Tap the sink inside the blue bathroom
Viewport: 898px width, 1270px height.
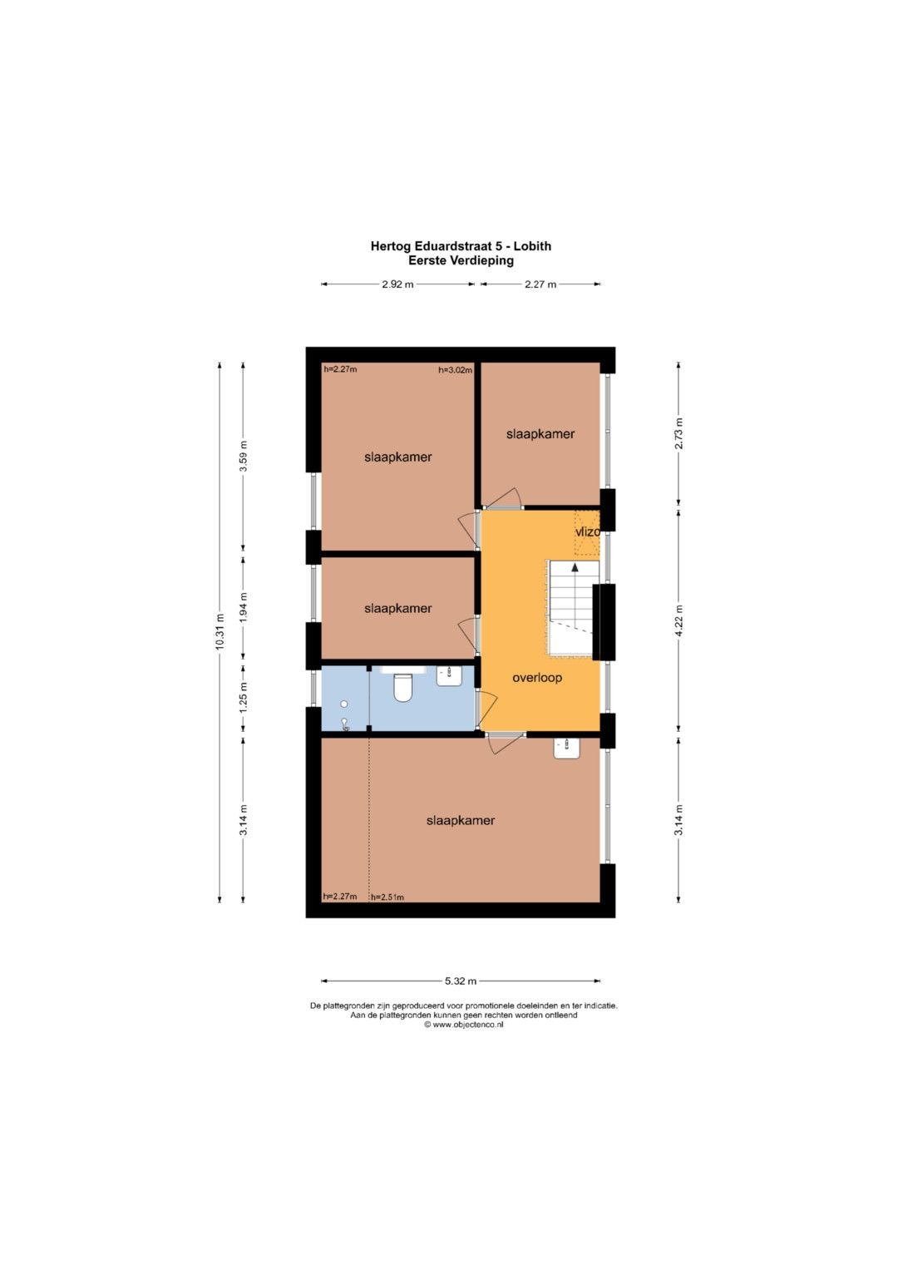pyautogui.click(x=449, y=676)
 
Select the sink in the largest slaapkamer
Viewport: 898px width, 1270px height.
pyautogui.click(x=567, y=749)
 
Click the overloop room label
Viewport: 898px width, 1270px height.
pyautogui.click(x=537, y=678)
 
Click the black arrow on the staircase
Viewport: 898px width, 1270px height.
pyautogui.click(x=575, y=566)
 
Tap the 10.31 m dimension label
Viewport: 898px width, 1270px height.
pyautogui.click(x=220, y=632)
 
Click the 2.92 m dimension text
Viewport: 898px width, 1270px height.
pyautogui.click(x=397, y=284)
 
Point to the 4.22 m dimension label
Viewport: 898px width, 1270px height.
pyautogui.click(x=678, y=620)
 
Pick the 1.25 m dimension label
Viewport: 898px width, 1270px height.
pyautogui.click(x=243, y=703)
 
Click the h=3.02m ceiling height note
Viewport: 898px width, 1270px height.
pyautogui.click(x=456, y=370)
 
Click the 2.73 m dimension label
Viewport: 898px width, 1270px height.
pyautogui.click(x=678, y=433)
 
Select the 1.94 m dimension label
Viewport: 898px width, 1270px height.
pyautogui.click(x=243, y=607)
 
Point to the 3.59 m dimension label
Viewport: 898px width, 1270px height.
pyautogui.click(x=243, y=456)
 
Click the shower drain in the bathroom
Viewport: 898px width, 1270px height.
pyautogui.click(x=343, y=704)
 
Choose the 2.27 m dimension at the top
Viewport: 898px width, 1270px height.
pyautogui.click(x=540, y=284)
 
